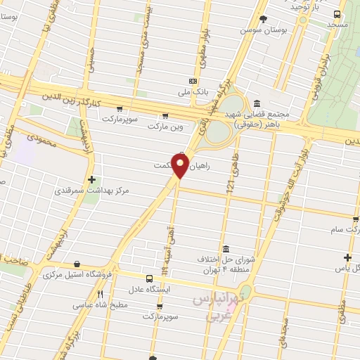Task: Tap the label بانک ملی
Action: click(194, 91)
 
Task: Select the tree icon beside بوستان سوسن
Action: click(264, 19)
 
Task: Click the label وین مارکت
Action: click(165, 127)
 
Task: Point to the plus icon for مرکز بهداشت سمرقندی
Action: click(92, 180)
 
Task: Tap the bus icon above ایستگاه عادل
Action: click(149, 278)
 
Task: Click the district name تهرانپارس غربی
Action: click(219, 307)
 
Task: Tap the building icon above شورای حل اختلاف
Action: click(225, 250)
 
